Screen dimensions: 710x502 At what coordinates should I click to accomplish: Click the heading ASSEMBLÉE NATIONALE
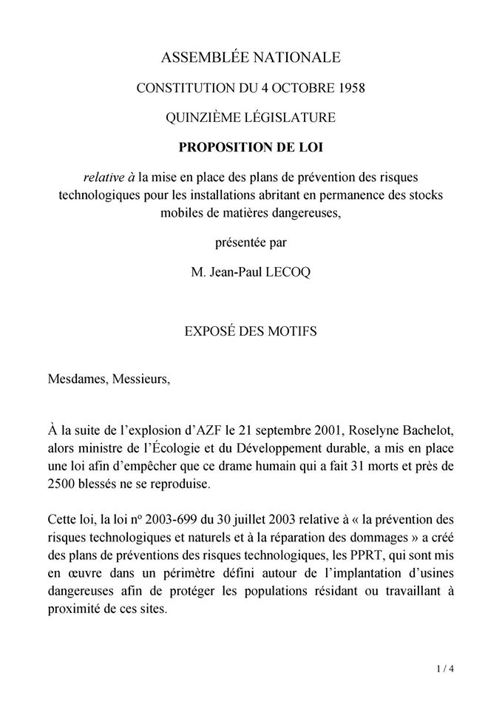251,57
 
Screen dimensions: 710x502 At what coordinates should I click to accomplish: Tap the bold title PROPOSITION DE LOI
251,146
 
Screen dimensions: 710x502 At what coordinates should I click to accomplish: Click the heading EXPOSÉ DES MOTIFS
251,331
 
